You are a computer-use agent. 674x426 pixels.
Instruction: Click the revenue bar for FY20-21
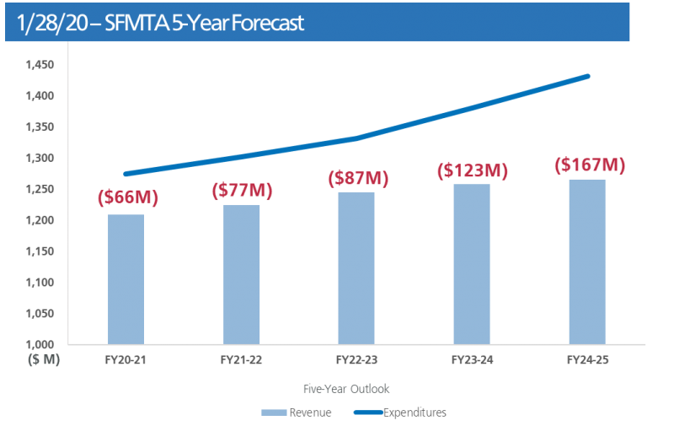(126, 278)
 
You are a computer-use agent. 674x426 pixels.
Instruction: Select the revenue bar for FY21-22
(242, 274)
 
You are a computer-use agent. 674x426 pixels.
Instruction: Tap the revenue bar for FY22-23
(357, 267)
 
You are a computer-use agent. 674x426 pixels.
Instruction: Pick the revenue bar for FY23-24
(472, 263)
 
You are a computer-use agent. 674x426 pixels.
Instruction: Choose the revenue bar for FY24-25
(587, 261)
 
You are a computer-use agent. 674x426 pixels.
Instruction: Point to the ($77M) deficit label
(242, 190)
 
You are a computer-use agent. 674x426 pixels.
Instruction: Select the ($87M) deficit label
(357, 179)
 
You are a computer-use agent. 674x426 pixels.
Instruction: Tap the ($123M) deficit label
(472, 170)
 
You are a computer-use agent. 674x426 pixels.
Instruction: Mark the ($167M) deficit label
(587, 164)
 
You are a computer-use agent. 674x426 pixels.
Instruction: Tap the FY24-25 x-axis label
(587, 360)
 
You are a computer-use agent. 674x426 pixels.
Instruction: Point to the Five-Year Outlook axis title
(346, 389)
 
